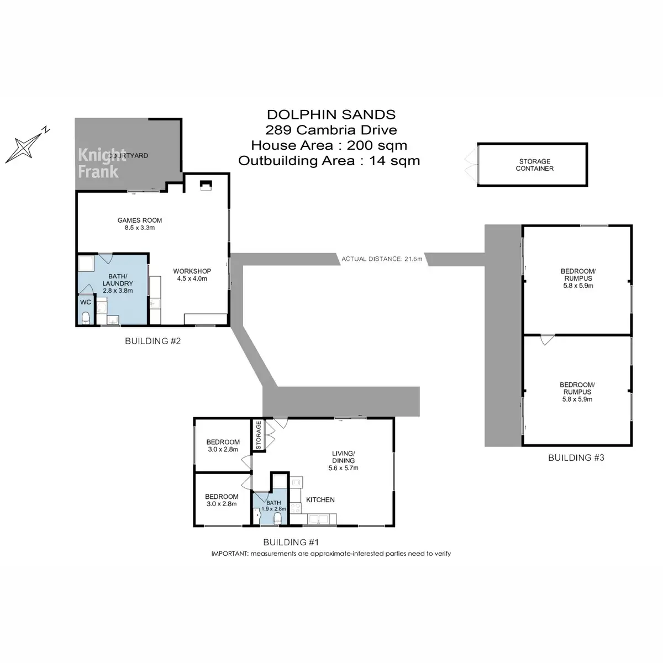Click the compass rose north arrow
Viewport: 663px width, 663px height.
(x=28, y=145)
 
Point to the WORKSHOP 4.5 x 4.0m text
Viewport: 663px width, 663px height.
(x=192, y=275)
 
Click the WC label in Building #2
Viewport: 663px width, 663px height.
(x=86, y=302)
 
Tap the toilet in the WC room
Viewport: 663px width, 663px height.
(x=86, y=318)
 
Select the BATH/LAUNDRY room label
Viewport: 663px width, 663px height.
(x=118, y=283)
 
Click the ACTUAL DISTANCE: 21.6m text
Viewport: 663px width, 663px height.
(x=382, y=259)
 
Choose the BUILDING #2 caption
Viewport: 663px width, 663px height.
(x=152, y=341)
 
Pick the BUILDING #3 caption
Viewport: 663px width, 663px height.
(x=576, y=457)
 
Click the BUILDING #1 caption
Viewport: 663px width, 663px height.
(x=291, y=542)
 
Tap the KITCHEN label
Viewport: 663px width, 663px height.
(x=320, y=499)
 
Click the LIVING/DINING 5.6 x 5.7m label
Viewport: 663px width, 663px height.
(x=343, y=461)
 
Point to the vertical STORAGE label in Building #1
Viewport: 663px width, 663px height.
(x=259, y=435)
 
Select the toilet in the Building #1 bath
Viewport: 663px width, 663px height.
(x=277, y=519)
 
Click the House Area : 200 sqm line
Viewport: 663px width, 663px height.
(x=329, y=145)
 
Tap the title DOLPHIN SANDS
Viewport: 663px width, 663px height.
(x=331, y=114)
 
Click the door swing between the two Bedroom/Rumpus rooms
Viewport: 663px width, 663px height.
(x=548, y=340)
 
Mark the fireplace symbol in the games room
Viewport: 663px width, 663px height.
(x=206, y=185)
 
